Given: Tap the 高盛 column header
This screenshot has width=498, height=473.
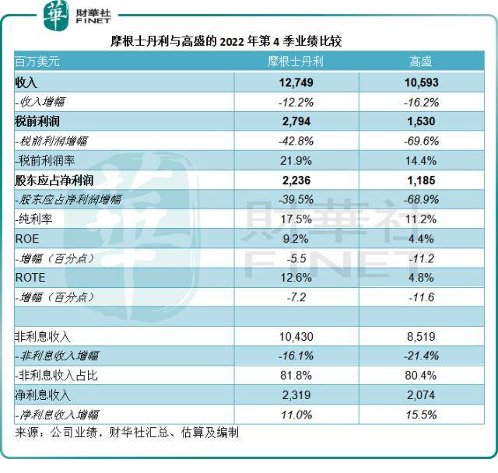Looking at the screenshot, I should pyautogui.click(x=420, y=61).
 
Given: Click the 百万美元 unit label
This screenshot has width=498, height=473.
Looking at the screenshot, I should pyautogui.click(x=37, y=61).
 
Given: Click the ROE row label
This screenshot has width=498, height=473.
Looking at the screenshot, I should pyautogui.click(x=27, y=239).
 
